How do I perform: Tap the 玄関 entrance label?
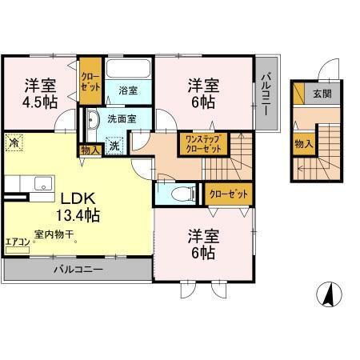[322, 94]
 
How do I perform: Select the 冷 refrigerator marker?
[13, 143]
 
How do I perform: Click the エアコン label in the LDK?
[17, 240]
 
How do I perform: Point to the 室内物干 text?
[54, 235]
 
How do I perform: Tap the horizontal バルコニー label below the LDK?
[78, 270]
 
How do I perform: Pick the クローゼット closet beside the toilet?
[228, 193]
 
